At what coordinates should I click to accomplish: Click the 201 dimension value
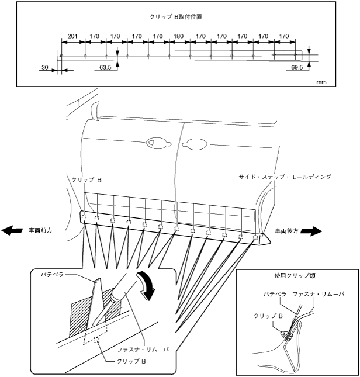72,36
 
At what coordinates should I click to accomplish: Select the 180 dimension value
179,36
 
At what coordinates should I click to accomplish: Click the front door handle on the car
156,141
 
